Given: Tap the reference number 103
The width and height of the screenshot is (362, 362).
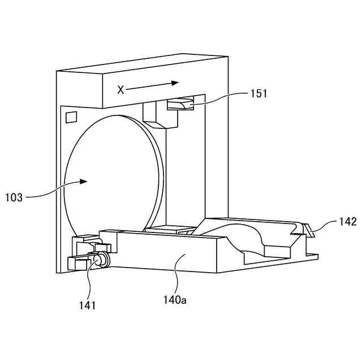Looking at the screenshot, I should [14, 197].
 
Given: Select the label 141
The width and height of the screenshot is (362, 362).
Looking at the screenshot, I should [87, 305].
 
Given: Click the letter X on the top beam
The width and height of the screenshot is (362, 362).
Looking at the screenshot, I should [120, 89].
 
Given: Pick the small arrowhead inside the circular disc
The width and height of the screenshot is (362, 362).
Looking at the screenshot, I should [84, 182].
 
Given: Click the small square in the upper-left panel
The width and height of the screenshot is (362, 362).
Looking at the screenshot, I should [71, 117].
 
